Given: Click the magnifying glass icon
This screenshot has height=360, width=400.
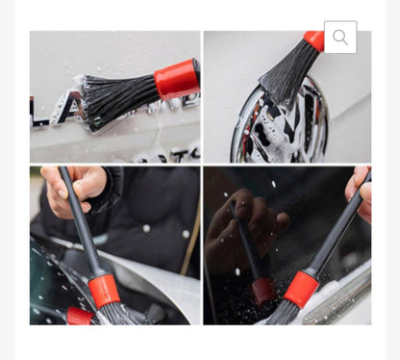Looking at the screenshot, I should (x=340, y=38).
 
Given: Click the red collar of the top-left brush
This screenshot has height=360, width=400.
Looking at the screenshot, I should (x=177, y=79).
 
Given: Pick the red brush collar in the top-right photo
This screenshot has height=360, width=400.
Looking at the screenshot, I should (x=314, y=39).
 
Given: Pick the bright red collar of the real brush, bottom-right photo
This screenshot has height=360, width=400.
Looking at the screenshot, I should (x=300, y=288).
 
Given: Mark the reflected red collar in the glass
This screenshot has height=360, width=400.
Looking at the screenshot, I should (x=262, y=289).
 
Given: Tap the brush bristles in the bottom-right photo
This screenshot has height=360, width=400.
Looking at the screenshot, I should (x=282, y=313).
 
